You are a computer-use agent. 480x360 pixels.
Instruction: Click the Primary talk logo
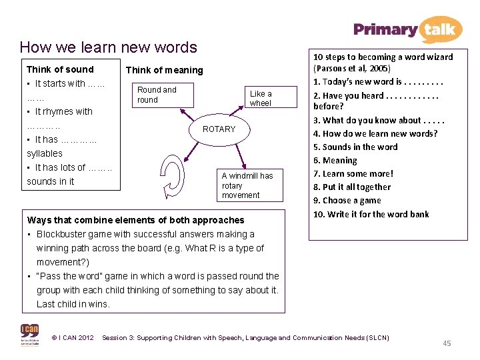click(x=407, y=29)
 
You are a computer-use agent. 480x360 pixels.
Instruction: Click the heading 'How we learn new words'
click(x=109, y=47)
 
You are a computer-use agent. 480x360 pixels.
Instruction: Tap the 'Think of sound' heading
click(x=60, y=69)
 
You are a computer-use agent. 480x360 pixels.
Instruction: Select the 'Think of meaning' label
click(x=164, y=70)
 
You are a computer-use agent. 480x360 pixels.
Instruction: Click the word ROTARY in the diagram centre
click(x=219, y=129)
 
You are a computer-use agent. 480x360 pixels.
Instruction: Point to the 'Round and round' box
click(x=157, y=95)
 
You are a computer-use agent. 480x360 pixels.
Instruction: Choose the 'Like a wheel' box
click(x=261, y=99)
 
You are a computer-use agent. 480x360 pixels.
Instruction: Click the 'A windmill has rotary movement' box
click(x=247, y=185)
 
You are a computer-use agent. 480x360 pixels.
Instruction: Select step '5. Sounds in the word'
click(x=355, y=147)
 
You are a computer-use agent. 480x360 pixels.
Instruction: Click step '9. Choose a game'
click(x=347, y=200)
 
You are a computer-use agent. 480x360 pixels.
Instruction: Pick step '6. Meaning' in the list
click(x=335, y=160)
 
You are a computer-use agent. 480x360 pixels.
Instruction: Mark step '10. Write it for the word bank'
click(x=371, y=214)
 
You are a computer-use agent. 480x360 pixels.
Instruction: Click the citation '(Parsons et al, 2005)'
click(x=352, y=68)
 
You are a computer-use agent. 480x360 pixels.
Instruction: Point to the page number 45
click(x=447, y=343)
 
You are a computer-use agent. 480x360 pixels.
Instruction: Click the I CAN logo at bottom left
click(x=29, y=334)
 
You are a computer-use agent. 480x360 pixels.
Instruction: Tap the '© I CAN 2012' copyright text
click(x=72, y=338)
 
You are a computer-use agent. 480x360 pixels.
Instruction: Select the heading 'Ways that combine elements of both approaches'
click(x=135, y=220)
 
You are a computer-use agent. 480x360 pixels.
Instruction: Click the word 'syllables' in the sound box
click(x=45, y=153)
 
